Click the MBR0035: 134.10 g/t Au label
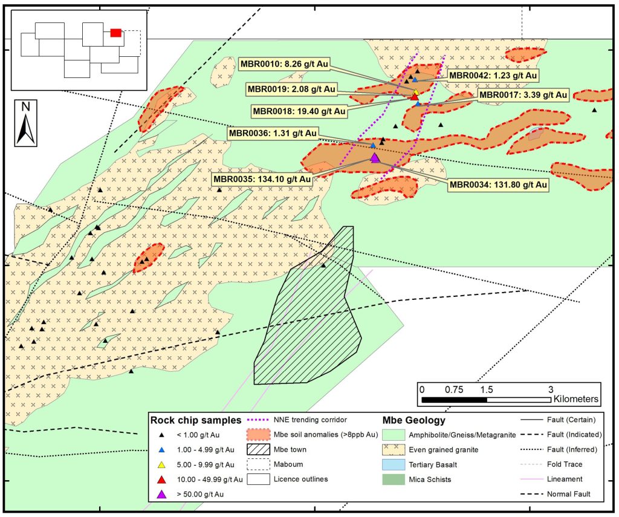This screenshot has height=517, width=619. tap(262, 179)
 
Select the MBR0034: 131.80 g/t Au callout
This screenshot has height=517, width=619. tap(497, 184)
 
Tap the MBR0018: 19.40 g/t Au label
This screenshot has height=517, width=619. tap(299, 111)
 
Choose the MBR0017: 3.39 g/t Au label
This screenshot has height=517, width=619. tap(523, 95)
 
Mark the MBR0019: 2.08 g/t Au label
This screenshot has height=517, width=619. tap(291, 89)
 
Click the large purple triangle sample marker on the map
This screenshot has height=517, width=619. tap(375, 158)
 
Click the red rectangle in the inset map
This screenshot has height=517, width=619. tap(116, 33)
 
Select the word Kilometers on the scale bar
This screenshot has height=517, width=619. tap(575, 400)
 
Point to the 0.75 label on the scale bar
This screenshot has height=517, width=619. tap(454, 389)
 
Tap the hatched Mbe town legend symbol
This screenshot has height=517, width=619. tap(261, 449)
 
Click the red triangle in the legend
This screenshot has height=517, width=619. tap(161, 480)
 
